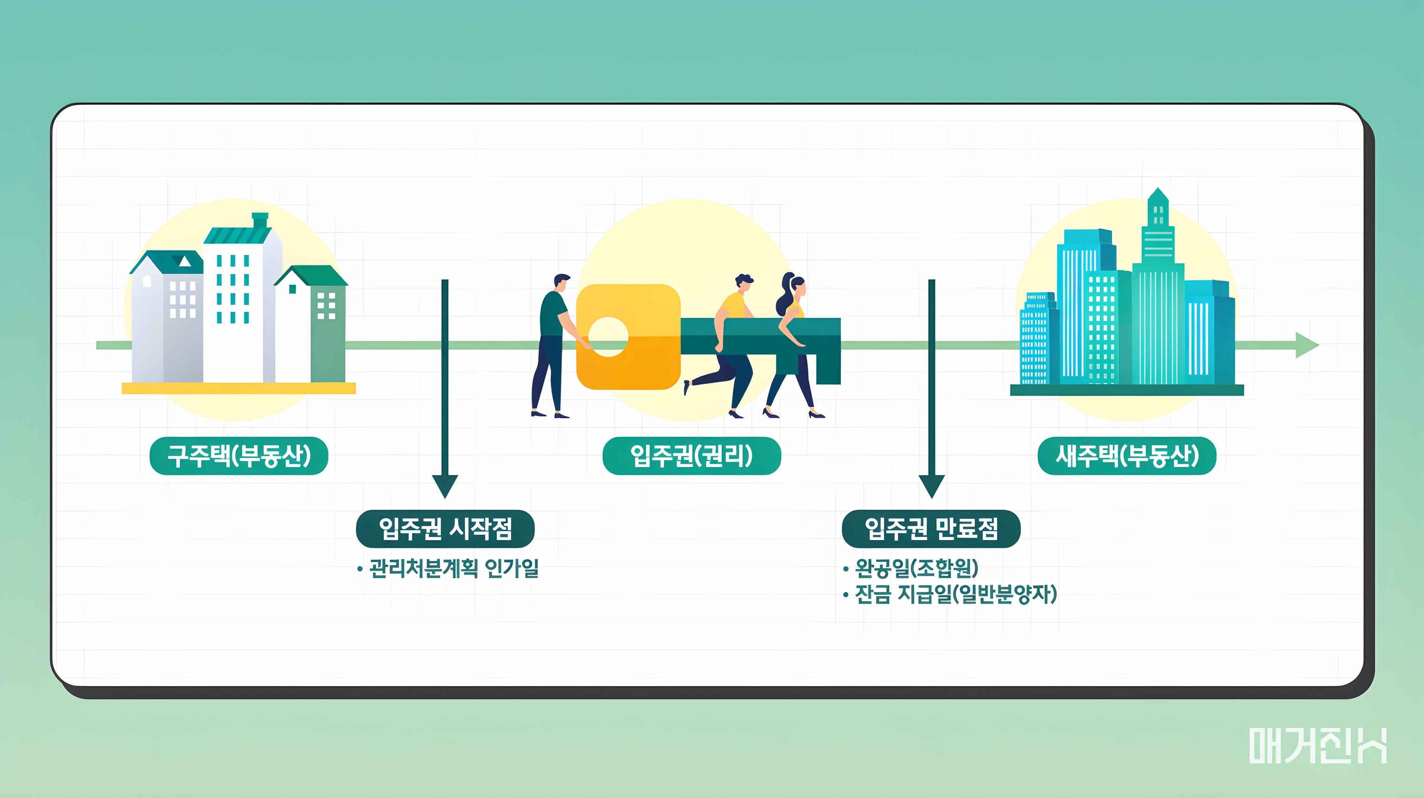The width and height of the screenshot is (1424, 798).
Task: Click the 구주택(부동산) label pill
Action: pos(239,456)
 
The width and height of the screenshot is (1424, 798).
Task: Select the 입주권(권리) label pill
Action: pos(691,456)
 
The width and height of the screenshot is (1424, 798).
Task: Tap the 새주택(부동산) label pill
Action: pos(1127,456)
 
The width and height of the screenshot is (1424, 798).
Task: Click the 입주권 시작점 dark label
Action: pos(445,529)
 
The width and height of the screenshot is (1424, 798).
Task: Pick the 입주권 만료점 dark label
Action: pos(931,529)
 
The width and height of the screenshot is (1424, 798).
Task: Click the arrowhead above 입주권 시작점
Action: pos(445,486)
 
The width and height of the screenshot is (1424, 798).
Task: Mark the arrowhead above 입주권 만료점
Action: pos(932,486)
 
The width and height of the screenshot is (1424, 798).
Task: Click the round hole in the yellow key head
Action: pos(608,337)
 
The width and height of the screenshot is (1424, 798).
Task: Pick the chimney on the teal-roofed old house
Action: pos(260,220)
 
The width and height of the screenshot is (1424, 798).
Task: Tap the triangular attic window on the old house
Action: pos(184,261)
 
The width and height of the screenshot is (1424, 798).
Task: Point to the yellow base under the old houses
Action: pos(238,389)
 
